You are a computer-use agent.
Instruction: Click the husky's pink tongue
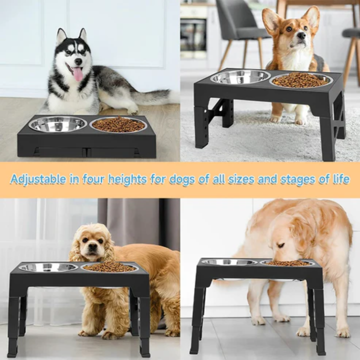coord(78,74)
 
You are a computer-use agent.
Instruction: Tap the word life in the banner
coord(340,179)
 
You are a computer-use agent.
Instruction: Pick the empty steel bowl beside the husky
coord(58,123)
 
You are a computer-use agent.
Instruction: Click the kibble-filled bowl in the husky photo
coord(118,124)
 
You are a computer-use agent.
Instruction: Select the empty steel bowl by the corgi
coord(240,76)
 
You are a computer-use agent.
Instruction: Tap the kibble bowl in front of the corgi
coord(300,80)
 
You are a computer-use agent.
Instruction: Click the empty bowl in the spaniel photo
coord(48,267)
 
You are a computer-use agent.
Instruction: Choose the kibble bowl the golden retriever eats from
coord(287,262)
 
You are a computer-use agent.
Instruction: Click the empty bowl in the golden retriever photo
coord(228,262)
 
